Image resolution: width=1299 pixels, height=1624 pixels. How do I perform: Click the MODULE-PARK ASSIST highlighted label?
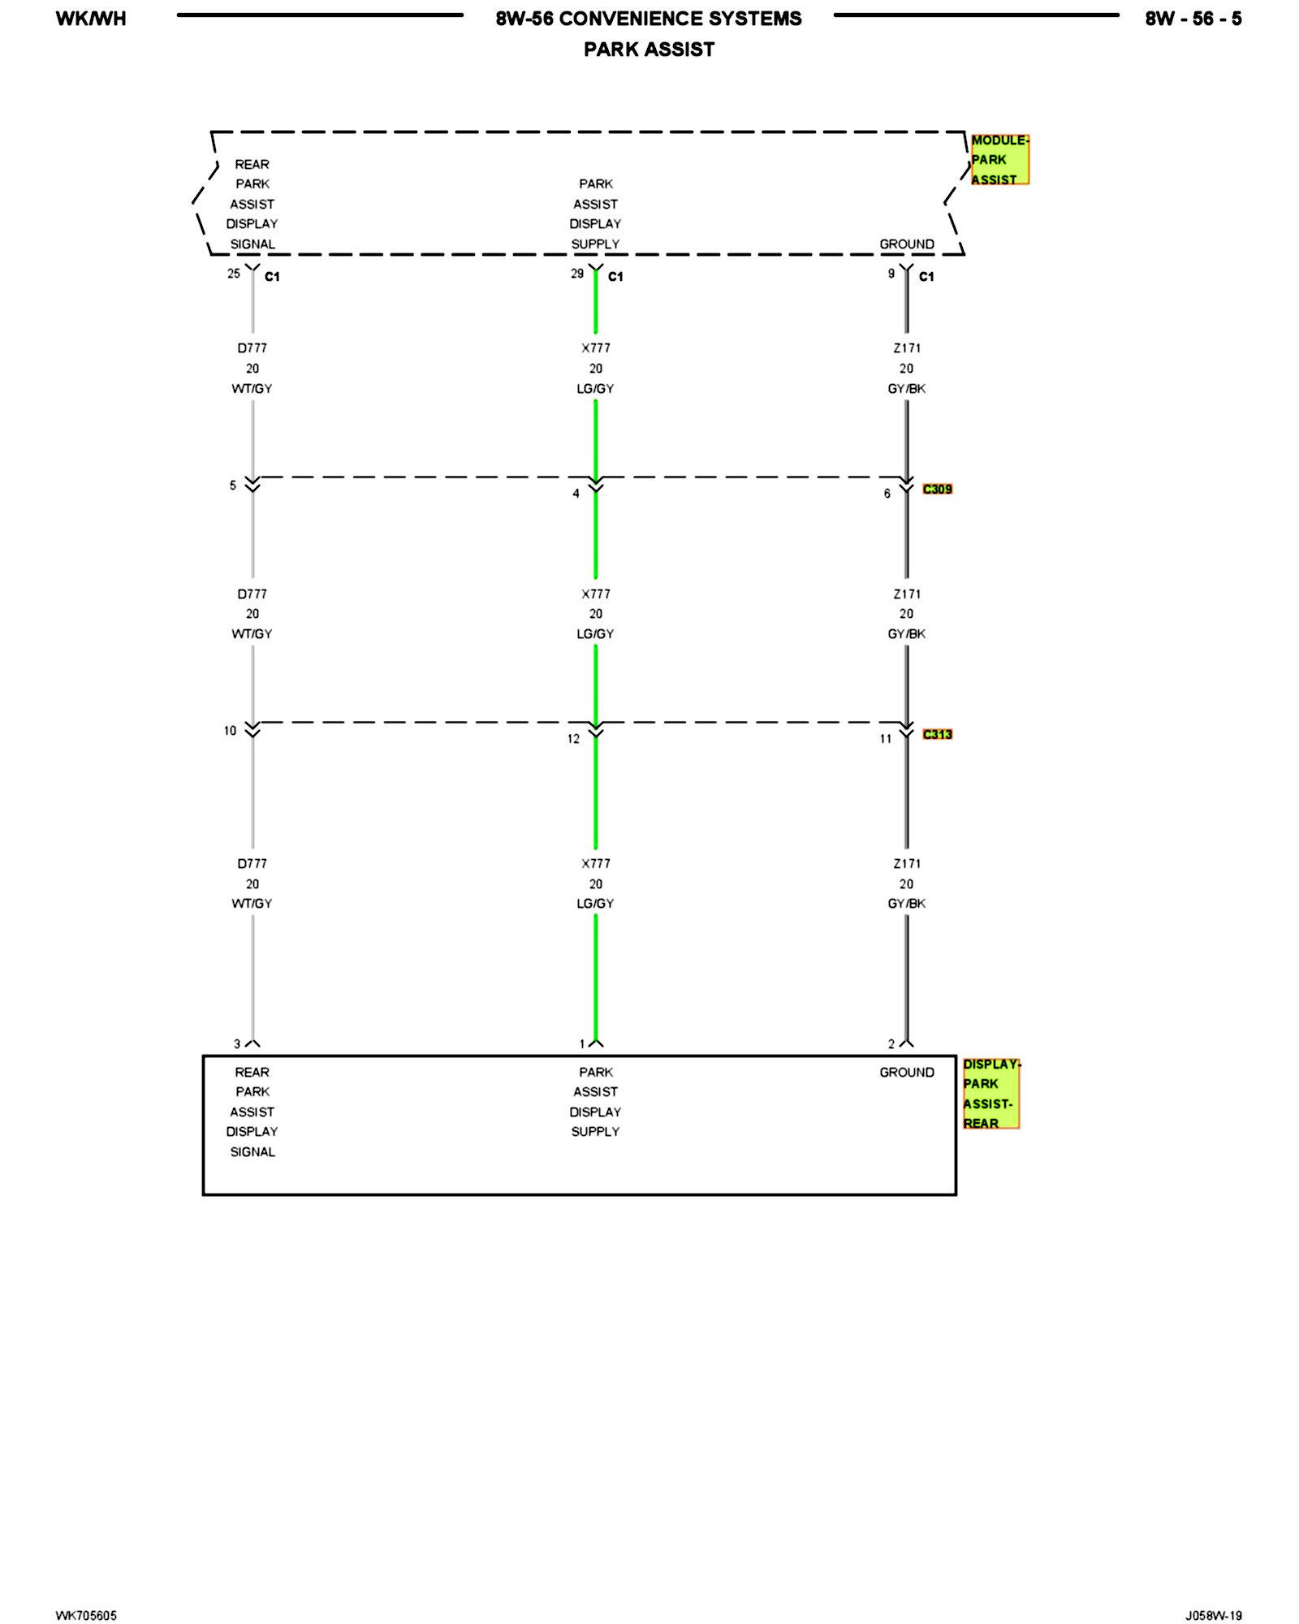click(x=999, y=160)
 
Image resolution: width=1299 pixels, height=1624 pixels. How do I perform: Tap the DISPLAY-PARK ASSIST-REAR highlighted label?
click(x=990, y=1094)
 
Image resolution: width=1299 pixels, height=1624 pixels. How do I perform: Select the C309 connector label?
click(x=937, y=489)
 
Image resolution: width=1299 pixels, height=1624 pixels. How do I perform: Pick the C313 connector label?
click(x=937, y=734)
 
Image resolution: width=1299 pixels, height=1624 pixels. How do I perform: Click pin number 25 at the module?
click(x=234, y=274)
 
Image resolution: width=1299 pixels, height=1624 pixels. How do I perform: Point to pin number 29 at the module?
click(x=577, y=274)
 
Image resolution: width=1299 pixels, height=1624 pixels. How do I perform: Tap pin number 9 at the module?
click(x=891, y=274)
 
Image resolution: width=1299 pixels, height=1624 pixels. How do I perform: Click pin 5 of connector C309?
click(x=233, y=486)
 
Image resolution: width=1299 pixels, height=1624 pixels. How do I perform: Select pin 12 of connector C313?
click(x=573, y=739)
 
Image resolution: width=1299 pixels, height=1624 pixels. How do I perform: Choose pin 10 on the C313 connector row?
click(x=231, y=731)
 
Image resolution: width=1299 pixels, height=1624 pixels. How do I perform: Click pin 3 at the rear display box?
click(x=237, y=1044)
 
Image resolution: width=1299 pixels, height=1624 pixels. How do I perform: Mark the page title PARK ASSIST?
click(x=649, y=50)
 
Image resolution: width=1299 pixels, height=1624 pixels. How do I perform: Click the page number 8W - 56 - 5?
click(x=1193, y=19)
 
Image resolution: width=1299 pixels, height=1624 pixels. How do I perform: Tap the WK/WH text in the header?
click(x=91, y=19)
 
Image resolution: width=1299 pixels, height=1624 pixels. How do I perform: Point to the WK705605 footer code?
click(x=86, y=1615)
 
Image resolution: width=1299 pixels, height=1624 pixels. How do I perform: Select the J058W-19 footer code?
click(x=1213, y=1615)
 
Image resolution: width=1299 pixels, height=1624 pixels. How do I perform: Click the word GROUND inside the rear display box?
click(x=907, y=1073)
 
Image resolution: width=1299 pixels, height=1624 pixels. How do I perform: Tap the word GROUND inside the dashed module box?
click(x=907, y=244)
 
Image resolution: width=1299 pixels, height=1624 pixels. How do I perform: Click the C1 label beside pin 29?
click(x=615, y=277)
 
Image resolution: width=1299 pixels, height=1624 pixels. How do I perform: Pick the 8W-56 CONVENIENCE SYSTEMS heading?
click(x=649, y=19)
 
